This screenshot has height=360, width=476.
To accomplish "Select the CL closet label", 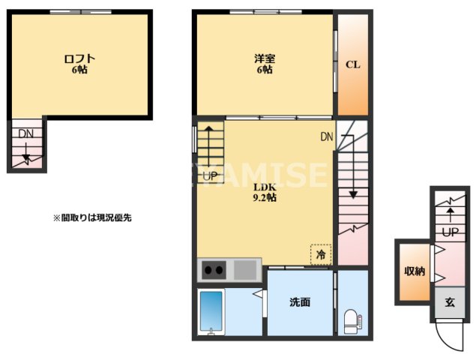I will coord(352,64).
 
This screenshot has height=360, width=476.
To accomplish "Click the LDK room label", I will coord(264,187).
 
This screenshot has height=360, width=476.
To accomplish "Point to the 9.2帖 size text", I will coord(264,198).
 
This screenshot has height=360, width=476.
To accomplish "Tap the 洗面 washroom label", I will coord(300,302).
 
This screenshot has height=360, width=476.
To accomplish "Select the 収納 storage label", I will coord(415,271).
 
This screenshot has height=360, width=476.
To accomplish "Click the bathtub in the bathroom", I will coord(212,312).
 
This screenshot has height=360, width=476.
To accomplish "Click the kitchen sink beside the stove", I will coord(246,268).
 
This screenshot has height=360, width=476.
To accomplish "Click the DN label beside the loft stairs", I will coord(26,133).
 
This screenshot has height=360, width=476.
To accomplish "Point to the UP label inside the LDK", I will coord(211,175).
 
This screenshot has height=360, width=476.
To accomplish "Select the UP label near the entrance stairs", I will coord(450,232).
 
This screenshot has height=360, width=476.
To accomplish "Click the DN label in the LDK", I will coord(327,137).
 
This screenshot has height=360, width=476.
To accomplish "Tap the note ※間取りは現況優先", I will coord(92,217).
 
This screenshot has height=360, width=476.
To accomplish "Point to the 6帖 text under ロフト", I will coord(79,70).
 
